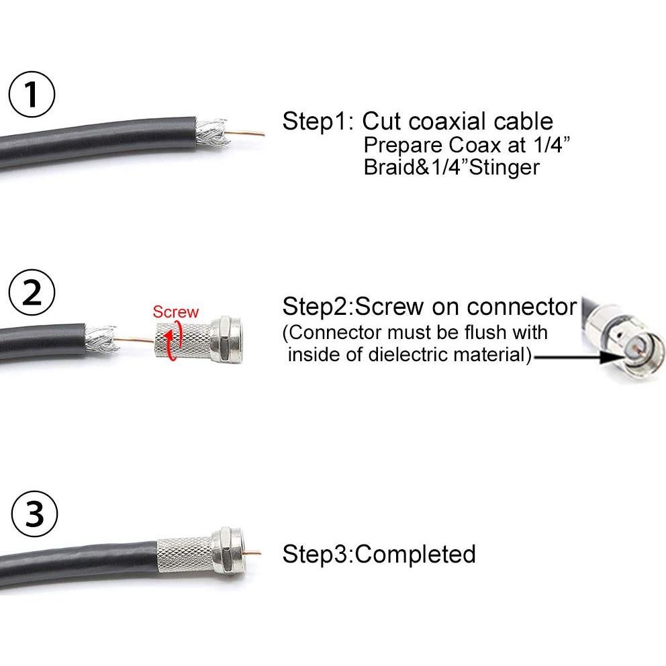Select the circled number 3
[x=34, y=517]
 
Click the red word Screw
[x=175, y=312]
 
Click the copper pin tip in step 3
[x=256, y=553]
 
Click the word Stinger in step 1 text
[x=500, y=167]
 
